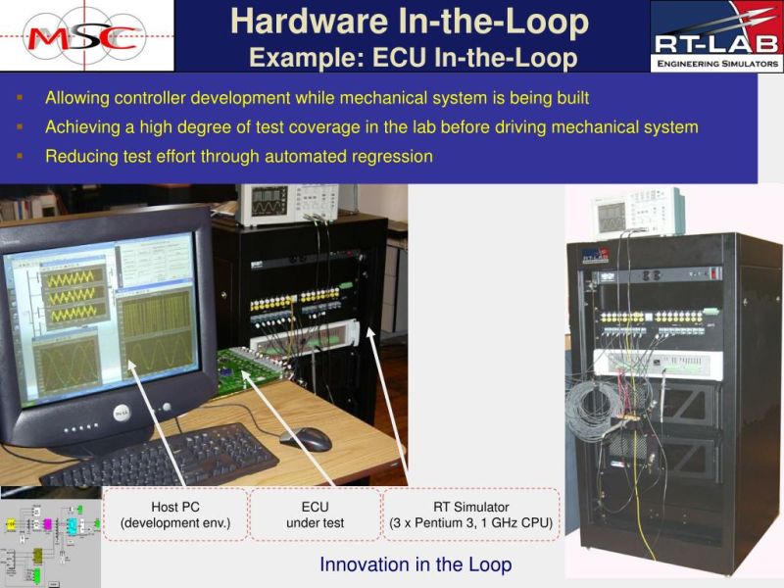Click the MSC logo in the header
click(x=86, y=36)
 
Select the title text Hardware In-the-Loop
click(x=410, y=21)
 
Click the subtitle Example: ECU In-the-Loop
click(x=413, y=58)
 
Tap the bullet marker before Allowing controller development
click(x=19, y=99)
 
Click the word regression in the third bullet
click(x=391, y=156)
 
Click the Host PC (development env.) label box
click(x=175, y=514)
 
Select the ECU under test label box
click(x=315, y=514)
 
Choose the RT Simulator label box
click(x=470, y=514)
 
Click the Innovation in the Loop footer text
click(x=416, y=564)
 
